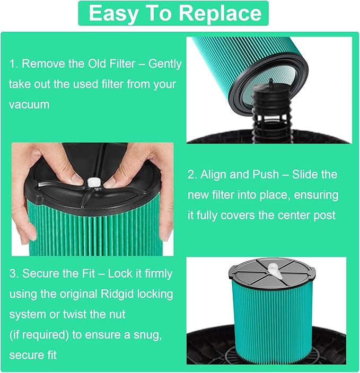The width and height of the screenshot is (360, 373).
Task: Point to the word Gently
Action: (x=165, y=64)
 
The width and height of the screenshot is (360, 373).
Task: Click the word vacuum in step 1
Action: (x=29, y=104)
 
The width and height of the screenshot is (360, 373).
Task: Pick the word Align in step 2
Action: (x=215, y=175)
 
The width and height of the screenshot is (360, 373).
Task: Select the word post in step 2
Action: (x=324, y=215)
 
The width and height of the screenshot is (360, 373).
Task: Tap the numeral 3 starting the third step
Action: (x=13, y=274)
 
